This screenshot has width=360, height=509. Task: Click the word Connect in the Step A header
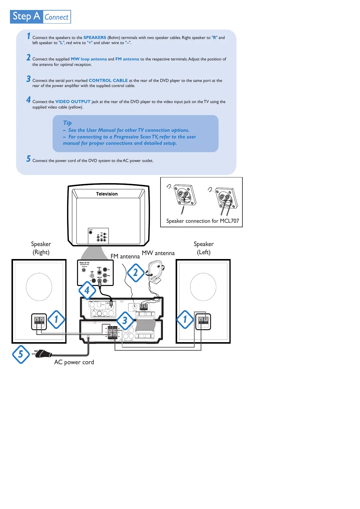pos(57,17)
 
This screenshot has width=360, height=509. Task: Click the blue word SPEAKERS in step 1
pos(95,38)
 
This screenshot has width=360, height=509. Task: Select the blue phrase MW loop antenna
pos(89,59)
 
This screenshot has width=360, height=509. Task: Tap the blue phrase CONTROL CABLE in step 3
pos(108,81)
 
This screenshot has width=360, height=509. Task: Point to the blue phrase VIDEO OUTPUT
pos(73,102)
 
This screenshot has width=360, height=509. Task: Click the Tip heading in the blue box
pos(67,123)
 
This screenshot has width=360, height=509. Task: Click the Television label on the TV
pos(107,194)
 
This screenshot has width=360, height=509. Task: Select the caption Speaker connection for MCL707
pos(202,221)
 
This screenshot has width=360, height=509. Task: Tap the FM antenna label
pos(125,256)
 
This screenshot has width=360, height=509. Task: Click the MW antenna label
pos(158,253)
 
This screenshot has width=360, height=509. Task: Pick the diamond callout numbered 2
pos(135,273)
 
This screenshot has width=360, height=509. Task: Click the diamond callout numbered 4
pos(87,290)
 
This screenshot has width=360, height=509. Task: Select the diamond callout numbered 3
pos(125,320)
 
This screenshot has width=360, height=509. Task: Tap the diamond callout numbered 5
pos(21,354)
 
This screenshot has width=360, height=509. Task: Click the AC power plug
pos(42,353)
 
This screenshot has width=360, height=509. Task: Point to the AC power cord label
pos(74,362)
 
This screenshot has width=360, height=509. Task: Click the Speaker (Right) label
pos(41,248)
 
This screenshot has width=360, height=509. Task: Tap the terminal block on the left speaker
pos(203,322)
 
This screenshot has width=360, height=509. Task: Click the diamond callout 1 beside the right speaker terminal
pos(56,319)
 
